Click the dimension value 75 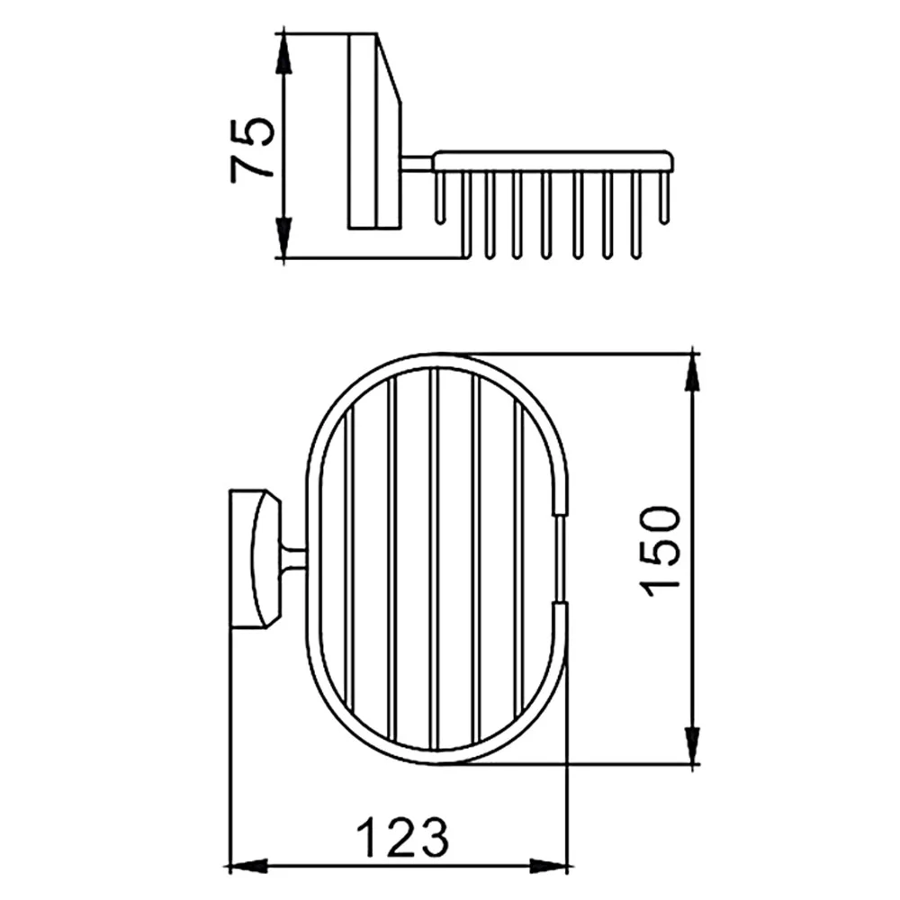click(x=251, y=150)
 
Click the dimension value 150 click(x=660, y=551)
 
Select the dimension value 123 click(x=402, y=837)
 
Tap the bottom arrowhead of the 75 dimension click(x=283, y=238)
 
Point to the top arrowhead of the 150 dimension click(x=693, y=373)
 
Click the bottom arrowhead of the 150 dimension click(x=693, y=744)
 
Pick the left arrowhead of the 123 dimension click(x=248, y=866)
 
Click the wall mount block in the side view click(x=374, y=131)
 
